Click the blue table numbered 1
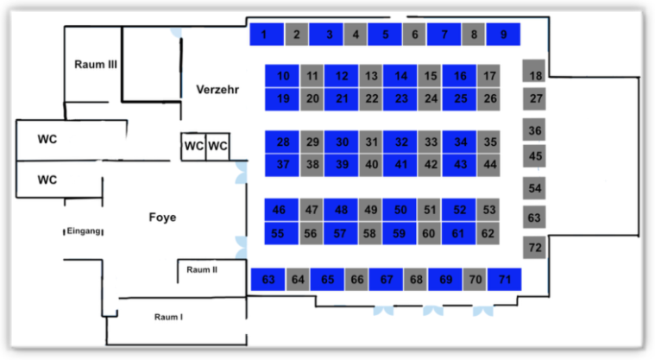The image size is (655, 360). click(266, 35)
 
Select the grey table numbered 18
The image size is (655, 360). click(535, 75)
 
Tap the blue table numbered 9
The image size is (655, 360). click(503, 35)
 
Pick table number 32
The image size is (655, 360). click(401, 142)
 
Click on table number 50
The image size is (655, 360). click(400, 210)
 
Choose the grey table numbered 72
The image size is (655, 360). click(535, 248)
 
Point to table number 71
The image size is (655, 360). click(505, 280)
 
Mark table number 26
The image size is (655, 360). click(490, 98)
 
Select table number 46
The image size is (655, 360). click(279, 210)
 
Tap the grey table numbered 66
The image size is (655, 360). click(357, 280)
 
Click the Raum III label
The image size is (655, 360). click(96, 64)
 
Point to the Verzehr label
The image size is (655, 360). click(217, 90)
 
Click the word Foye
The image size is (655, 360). click(162, 218)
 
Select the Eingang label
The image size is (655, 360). click(85, 231)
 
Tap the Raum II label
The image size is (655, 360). click(202, 270)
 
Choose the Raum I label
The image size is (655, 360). click(168, 317)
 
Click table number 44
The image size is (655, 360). click(490, 164)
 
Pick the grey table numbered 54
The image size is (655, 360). click(535, 188)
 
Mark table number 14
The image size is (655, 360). click(401, 76)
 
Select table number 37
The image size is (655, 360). click(283, 164)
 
